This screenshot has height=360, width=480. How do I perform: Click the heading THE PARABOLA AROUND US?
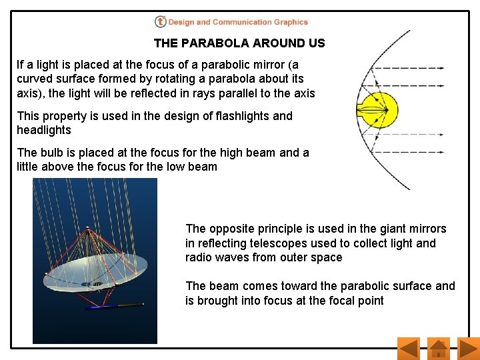click(x=239, y=43)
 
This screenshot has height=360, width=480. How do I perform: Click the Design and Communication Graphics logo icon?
click(x=160, y=22)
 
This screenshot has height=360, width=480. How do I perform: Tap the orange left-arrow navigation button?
click(x=407, y=348)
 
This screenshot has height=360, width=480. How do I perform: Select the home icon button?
click(x=438, y=348)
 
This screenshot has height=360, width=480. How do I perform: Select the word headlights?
click(x=43, y=130)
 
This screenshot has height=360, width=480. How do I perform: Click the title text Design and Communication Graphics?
click(x=238, y=22)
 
